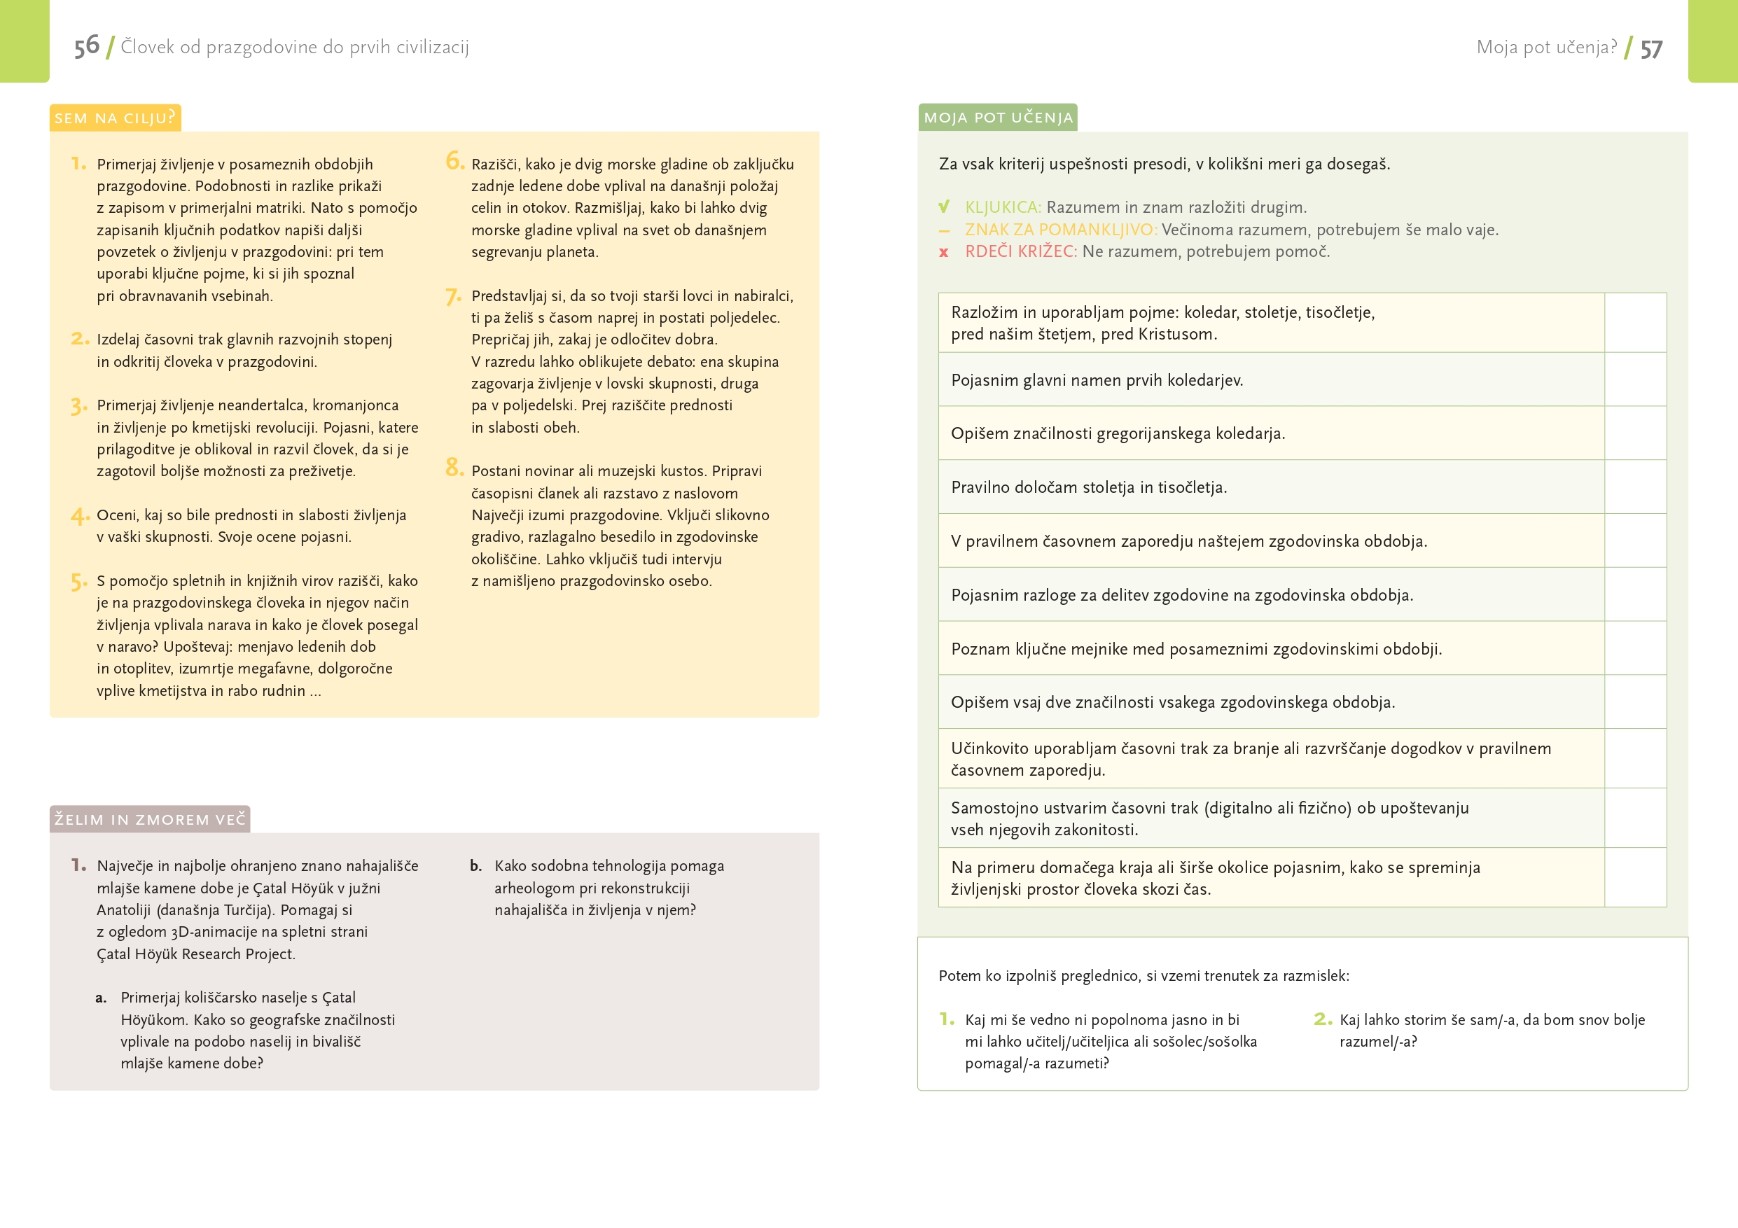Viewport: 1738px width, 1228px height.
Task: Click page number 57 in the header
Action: coord(1651,49)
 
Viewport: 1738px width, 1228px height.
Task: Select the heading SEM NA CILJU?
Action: coord(115,118)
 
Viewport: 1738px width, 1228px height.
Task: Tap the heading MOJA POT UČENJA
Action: coord(998,118)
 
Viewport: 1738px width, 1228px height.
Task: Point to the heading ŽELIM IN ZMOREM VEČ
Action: coord(150,819)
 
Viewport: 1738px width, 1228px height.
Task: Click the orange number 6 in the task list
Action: coord(454,160)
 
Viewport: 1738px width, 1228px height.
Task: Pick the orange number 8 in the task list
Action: coord(454,467)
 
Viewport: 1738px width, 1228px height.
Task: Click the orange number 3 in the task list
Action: coord(78,406)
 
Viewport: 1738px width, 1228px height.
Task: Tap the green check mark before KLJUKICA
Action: coord(944,207)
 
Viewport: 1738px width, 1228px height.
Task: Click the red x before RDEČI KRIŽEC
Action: coord(944,252)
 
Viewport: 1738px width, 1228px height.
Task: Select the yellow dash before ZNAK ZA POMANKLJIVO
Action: coord(944,231)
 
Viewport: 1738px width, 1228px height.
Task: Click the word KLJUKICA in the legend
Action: coord(1002,207)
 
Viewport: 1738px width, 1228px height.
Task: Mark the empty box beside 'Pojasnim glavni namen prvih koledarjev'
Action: coord(1635,380)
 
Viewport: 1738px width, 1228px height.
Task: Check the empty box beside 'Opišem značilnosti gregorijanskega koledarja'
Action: coord(1635,433)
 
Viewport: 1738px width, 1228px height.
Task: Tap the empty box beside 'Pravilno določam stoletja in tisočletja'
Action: coord(1635,487)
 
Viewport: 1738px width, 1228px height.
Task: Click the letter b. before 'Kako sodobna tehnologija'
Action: coord(475,866)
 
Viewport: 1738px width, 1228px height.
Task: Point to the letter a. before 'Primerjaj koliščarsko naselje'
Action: coord(101,998)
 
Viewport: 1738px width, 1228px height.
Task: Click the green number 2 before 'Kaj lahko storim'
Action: coord(1323,1019)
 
